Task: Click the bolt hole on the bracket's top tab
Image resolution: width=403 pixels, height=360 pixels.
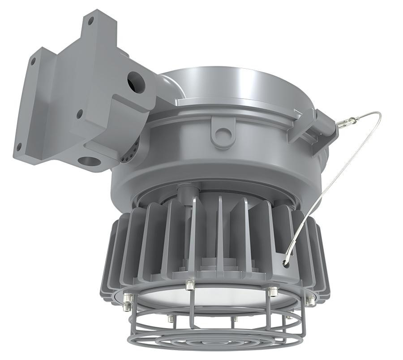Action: [91, 20]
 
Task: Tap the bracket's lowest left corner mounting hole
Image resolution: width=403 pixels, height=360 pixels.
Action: [19, 146]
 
